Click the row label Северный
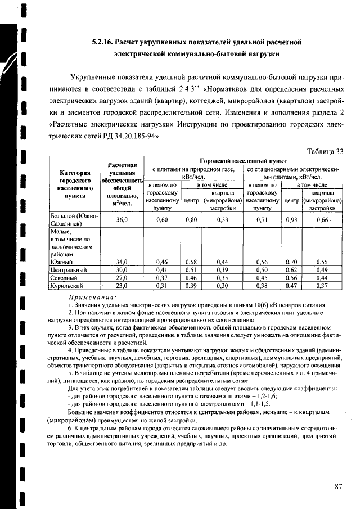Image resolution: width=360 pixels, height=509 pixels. [x=62, y=278]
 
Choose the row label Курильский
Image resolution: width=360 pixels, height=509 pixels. [x=65, y=286]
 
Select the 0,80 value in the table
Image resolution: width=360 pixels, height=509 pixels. [x=191, y=219]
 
